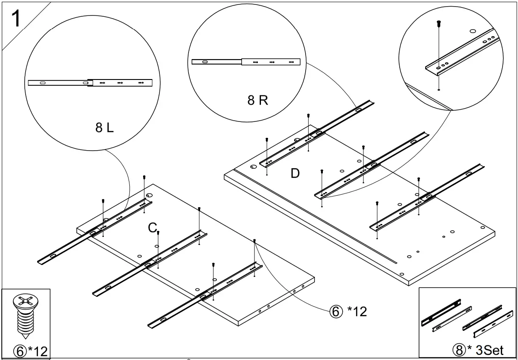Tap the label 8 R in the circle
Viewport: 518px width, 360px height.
(x=257, y=100)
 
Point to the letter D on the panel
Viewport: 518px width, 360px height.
(x=295, y=174)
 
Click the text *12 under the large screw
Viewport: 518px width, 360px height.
(x=38, y=352)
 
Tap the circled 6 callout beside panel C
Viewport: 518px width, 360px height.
(x=335, y=312)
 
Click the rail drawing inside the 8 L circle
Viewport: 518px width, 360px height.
(x=90, y=83)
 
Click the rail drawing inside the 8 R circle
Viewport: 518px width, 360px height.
(x=246, y=62)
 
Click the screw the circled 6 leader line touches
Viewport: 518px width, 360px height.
(x=255, y=241)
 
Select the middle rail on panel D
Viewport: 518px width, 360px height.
(x=371, y=165)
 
